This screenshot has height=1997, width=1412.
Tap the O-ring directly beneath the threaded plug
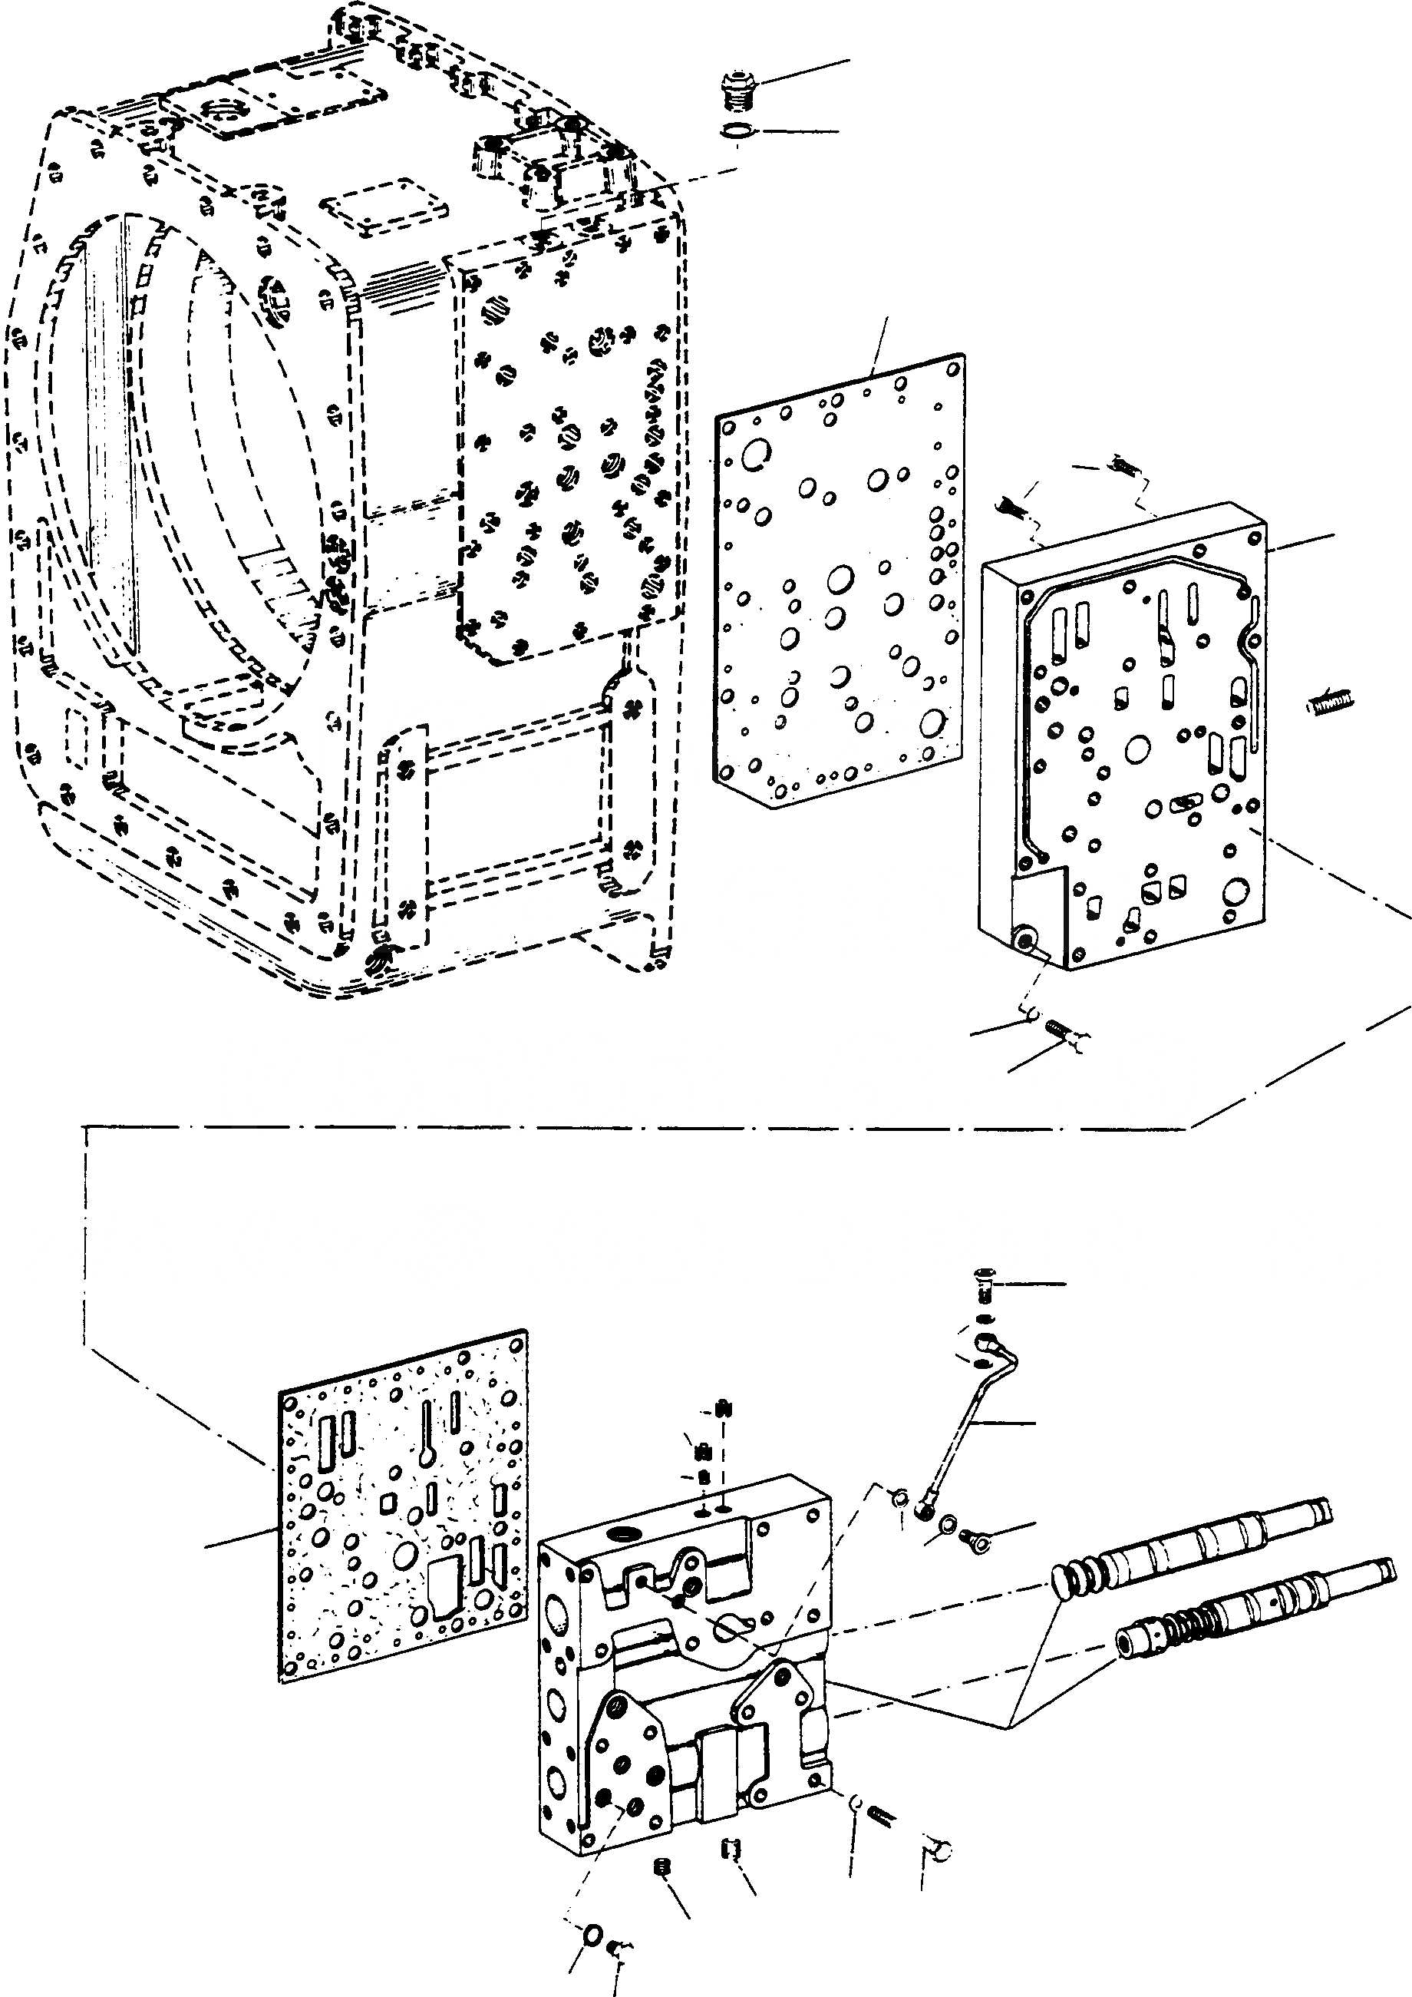point(737,131)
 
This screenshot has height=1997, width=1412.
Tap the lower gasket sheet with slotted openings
point(403,1505)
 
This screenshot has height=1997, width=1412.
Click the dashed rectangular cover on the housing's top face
point(384,206)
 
